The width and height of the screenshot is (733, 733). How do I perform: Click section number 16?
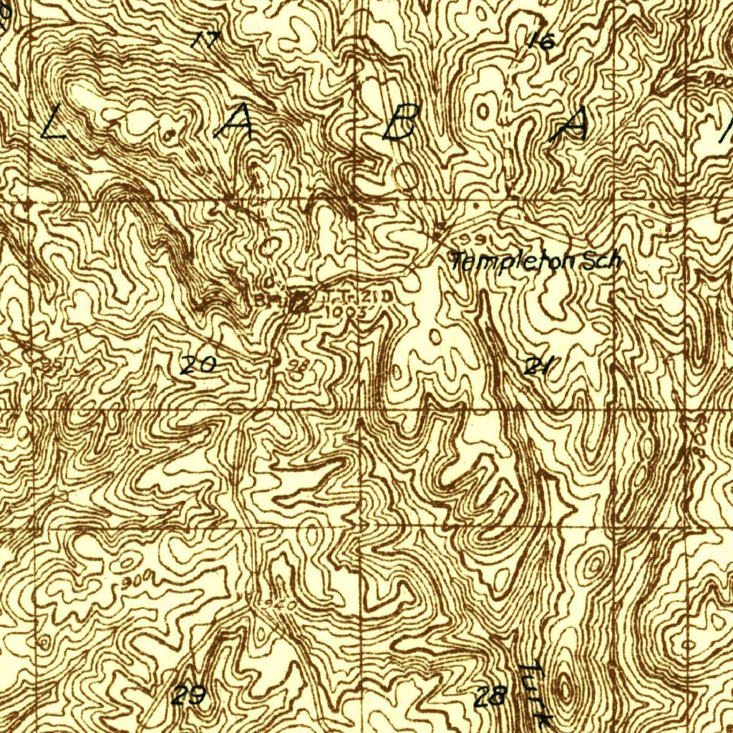[x=541, y=41]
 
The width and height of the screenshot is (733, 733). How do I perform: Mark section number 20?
[x=197, y=365]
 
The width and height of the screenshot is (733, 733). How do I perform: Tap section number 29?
[x=189, y=694]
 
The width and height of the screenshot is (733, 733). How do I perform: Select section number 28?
[x=491, y=695]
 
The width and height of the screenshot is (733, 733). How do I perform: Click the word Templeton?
[x=513, y=262]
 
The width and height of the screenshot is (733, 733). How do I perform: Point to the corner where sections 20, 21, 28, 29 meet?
[x=359, y=528]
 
